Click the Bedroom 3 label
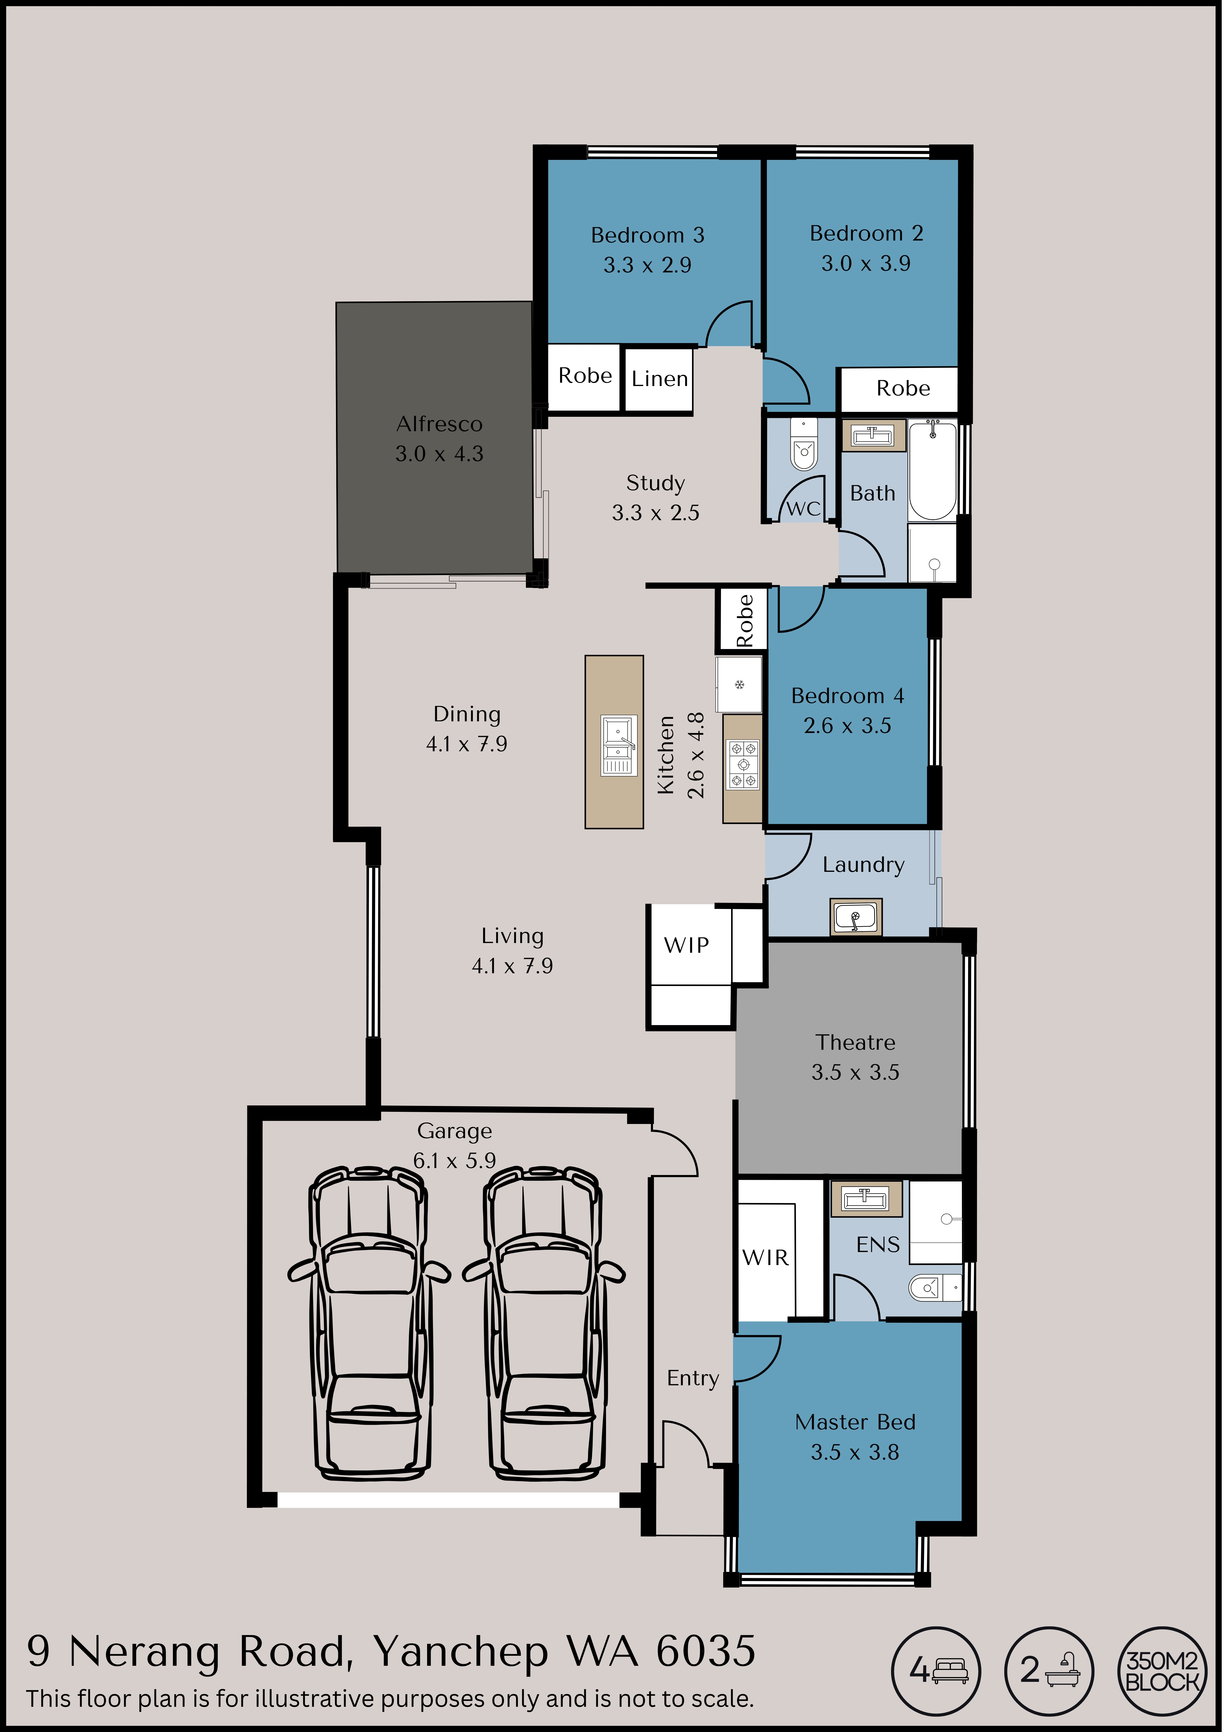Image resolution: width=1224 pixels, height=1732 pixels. [x=647, y=235]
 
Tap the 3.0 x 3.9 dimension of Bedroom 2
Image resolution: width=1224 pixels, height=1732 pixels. [x=866, y=263]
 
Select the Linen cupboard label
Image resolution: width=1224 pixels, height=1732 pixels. [x=660, y=379]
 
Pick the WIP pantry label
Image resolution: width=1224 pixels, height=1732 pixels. [x=686, y=945]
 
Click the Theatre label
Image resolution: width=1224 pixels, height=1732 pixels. [x=855, y=1043]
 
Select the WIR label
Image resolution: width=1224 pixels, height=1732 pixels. [x=766, y=1258]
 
